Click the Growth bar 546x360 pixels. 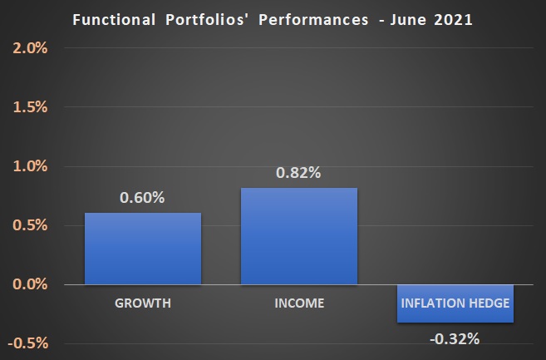[x=142, y=249]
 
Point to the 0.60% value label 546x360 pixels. [x=142, y=198]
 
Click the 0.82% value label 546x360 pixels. [x=298, y=173]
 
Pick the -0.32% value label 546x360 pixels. [x=455, y=338]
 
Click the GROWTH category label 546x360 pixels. [x=142, y=303]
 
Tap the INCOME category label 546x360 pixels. [x=298, y=303]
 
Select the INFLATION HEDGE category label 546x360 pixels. [x=455, y=303]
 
